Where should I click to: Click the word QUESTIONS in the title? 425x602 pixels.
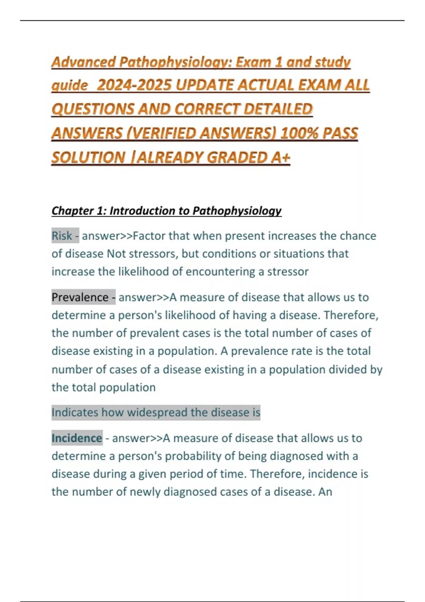pyautogui.click(x=93, y=109)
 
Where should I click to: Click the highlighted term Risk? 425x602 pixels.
pyautogui.click(x=62, y=236)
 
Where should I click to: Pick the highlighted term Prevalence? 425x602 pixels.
pyautogui.click(x=80, y=297)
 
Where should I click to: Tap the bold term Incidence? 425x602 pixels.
pyautogui.click(x=77, y=438)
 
